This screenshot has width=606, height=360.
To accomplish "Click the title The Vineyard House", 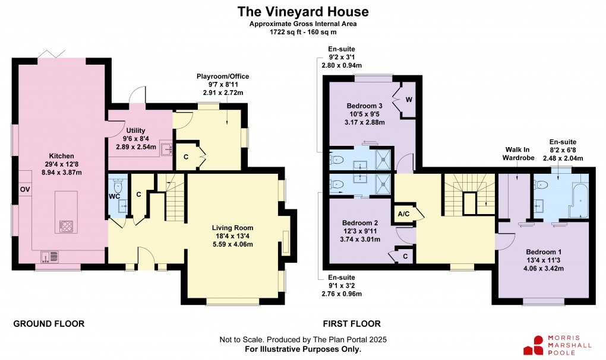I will coord(303,11).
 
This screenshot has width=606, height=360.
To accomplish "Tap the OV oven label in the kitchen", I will coord(25,189).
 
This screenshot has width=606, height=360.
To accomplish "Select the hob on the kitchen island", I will coord(65,226).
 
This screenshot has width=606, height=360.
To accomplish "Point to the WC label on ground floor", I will coord(115,196).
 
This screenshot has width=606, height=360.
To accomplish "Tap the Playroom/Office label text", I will coord(223,77).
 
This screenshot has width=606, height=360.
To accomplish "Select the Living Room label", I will coord(233,227).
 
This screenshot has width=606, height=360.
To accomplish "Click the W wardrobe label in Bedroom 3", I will coord(409,99).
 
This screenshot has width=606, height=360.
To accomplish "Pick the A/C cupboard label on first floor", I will coord(403,214).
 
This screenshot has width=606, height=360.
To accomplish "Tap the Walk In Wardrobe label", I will coord(520,154).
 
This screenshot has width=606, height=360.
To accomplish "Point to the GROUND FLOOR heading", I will coord(49,324).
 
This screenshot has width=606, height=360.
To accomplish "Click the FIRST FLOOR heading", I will coord(352,324).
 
